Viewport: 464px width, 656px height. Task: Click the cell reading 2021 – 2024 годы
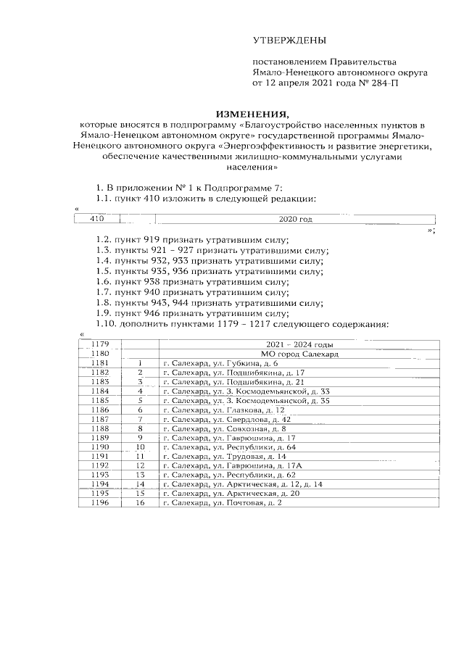coord(299,344)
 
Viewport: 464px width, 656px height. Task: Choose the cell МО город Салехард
coord(299,353)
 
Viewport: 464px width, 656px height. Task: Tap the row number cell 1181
coord(99,362)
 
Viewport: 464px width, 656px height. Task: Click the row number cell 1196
coord(99,504)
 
